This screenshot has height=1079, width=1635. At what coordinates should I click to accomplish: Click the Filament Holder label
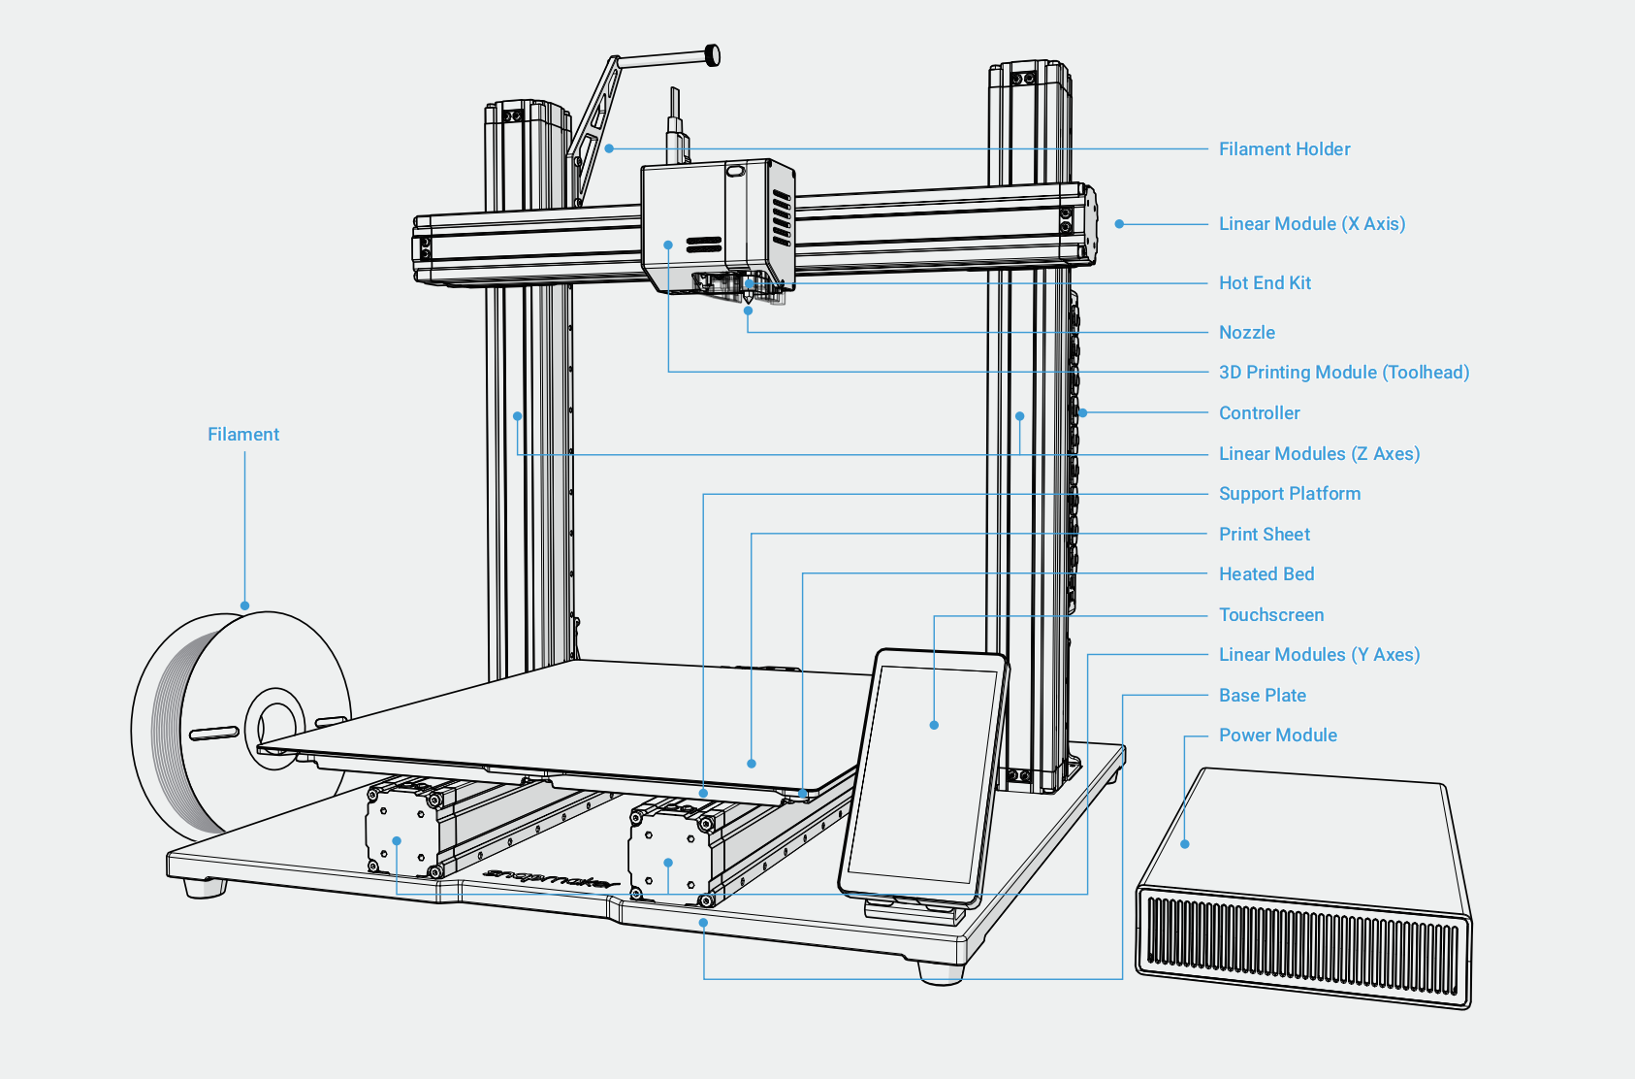click(1284, 148)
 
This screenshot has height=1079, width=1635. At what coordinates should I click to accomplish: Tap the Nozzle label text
click(1246, 332)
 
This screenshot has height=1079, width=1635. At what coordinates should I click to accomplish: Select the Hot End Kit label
click(1265, 282)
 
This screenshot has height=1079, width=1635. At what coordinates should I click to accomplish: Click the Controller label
click(1259, 412)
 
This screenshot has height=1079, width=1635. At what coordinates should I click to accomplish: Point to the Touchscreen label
click(1270, 614)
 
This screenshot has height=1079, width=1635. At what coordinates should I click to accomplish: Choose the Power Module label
click(1277, 735)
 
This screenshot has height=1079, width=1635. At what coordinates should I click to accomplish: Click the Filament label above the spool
click(242, 434)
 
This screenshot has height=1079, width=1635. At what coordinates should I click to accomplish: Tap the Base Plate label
click(1262, 695)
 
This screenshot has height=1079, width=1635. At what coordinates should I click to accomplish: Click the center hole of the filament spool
click(276, 728)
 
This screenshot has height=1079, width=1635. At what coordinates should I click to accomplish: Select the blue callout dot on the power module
click(1185, 844)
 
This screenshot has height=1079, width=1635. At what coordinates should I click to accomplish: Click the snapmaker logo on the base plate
click(550, 878)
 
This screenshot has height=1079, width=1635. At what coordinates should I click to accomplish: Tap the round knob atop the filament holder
click(713, 55)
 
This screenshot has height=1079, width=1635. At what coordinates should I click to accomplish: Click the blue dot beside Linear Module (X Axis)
click(1119, 224)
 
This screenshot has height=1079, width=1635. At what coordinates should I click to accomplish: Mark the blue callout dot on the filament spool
click(245, 605)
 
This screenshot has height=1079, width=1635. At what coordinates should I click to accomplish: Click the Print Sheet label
click(1264, 534)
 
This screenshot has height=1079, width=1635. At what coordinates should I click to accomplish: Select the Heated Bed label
click(1266, 573)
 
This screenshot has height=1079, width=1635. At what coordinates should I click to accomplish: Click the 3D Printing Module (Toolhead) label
click(1343, 372)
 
